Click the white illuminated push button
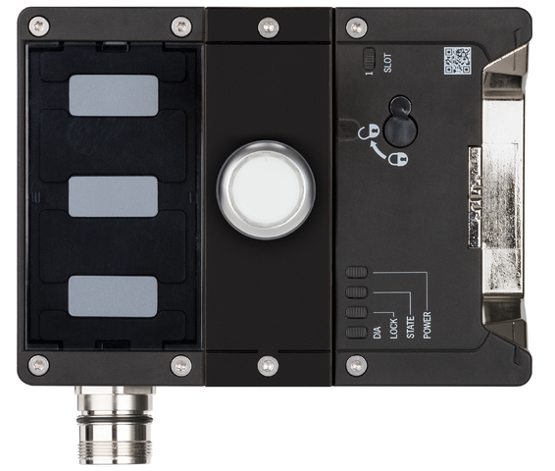[266, 189]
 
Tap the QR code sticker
[458, 61]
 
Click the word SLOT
[388, 63]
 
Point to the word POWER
[428, 325]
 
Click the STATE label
[410, 327]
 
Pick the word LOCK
[393, 329]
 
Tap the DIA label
[377, 333]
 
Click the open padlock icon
[368, 131]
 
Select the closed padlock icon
[398, 159]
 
